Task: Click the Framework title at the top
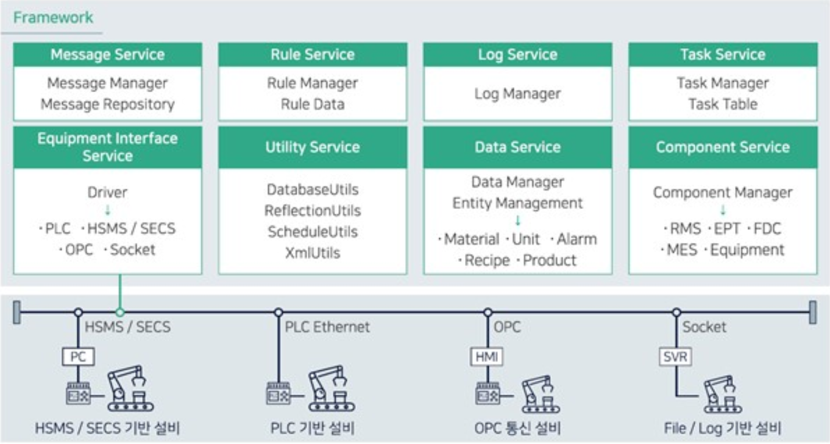(x=54, y=17)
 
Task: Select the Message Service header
(x=107, y=55)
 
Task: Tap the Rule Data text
(x=313, y=104)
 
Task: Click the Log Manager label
(x=517, y=94)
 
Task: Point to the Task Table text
(x=723, y=104)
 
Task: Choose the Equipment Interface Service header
(x=107, y=147)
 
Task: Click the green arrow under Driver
(x=108, y=211)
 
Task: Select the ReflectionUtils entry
(x=313, y=211)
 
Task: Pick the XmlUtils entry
(x=313, y=253)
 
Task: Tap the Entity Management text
(x=517, y=203)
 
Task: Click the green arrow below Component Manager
(x=723, y=211)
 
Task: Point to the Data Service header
(x=517, y=147)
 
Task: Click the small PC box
(x=78, y=357)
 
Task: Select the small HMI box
(x=488, y=357)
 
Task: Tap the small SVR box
(x=676, y=357)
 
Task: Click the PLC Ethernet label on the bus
(x=327, y=327)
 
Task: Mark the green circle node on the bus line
(x=120, y=312)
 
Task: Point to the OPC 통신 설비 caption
(x=517, y=428)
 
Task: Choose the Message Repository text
(x=107, y=104)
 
